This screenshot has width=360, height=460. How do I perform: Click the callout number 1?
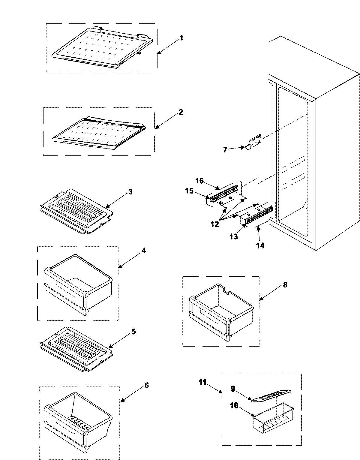(x=181, y=38)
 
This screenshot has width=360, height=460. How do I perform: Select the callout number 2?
(x=180, y=112)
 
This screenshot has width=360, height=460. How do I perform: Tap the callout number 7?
(x=225, y=150)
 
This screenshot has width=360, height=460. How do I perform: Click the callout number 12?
(x=215, y=224)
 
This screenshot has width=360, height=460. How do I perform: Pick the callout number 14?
(x=260, y=245)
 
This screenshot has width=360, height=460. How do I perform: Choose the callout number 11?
(x=203, y=382)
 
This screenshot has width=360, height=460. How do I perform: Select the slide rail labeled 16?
(x=225, y=196)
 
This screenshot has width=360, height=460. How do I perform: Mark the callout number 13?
(x=234, y=236)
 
